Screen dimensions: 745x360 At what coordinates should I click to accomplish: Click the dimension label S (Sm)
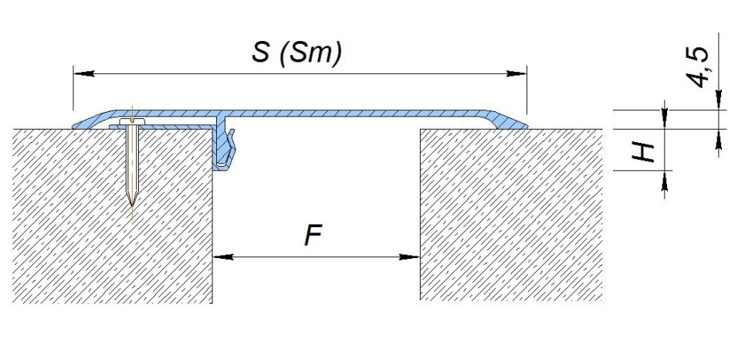pyautogui.click(x=296, y=53)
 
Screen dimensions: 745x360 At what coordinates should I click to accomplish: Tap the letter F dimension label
pyautogui.click(x=313, y=235)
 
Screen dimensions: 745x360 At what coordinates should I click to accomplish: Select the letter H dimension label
pyautogui.click(x=644, y=152)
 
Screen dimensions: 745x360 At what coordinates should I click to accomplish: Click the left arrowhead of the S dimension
pyautogui.click(x=83, y=73)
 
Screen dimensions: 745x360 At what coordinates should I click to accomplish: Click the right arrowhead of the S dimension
pyautogui.click(x=516, y=73)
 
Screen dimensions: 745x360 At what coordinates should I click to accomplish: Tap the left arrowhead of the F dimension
pyautogui.click(x=223, y=256)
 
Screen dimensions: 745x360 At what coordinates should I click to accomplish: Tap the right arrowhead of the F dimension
pyautogui.click(x=410, y=256)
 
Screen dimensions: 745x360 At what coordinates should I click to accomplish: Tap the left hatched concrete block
pyautogui.click(x=112, y=216)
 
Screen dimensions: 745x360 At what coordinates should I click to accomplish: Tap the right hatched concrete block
pyautogui.click(x=511, y=215)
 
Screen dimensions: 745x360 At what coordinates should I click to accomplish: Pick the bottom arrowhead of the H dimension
pyautogui.click(x=664, y=179)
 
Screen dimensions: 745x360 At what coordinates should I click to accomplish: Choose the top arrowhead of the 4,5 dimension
pyautogui.click(x=719, y=100)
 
